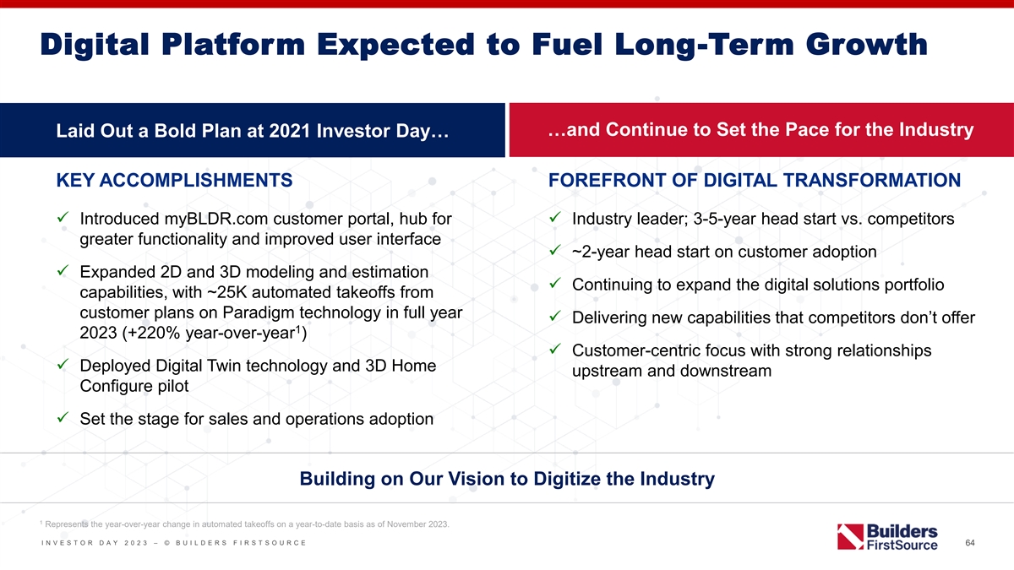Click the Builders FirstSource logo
pyautogui.click(x=887, y=537)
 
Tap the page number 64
pyautogui.click(x=970, y=542)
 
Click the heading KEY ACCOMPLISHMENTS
pyautogui.click(x=174, y=180)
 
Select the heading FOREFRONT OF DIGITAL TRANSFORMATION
pyautogui.click(x=754, y=180)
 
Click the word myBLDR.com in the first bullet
pyautogui.click(x=216, y=219)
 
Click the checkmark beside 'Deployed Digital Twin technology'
pyautogui.click(x=63, y=364)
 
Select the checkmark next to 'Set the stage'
pyautogui.click(x=63, y=416)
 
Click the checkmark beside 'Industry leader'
pyautogui.click(x=555, y=217)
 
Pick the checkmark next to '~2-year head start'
pyautogui.click(x=555, y=250)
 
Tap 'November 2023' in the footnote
pyautogui.click(x=417, y=524)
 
